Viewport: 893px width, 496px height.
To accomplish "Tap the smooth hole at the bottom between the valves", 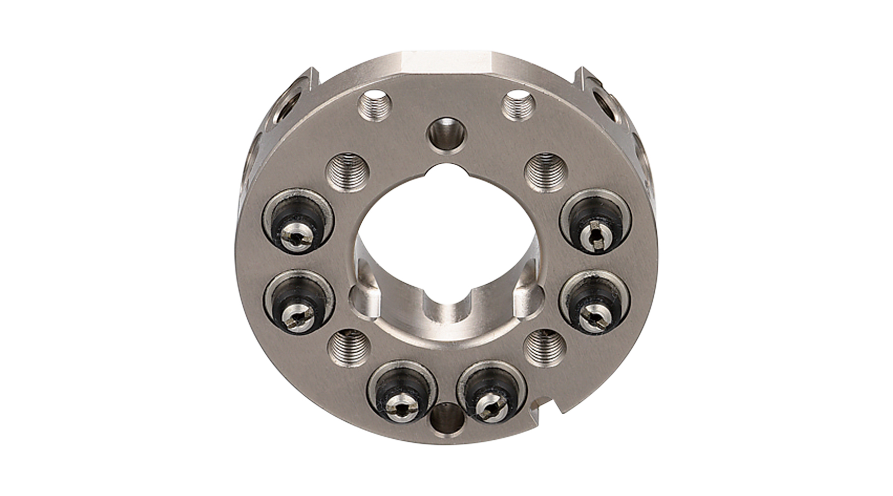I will tap(445, 420).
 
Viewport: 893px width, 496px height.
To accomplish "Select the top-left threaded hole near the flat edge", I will tap(373, 105).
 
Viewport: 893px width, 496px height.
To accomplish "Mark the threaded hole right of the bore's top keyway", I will tap(543, 173).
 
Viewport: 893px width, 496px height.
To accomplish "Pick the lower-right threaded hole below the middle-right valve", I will tap(543, 348).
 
